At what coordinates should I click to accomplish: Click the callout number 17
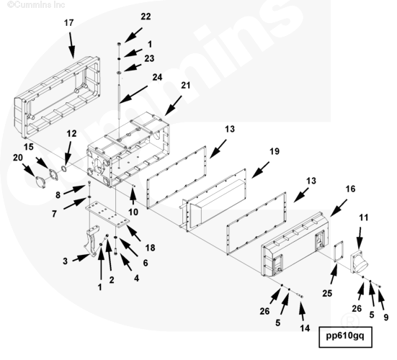point(68,23)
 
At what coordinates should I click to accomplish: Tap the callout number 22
point(146,17)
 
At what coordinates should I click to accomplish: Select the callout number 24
point(157,77)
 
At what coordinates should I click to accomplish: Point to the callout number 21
point(185,85)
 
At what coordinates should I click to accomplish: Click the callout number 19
point(275,151)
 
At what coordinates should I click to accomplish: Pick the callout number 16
point(350,189)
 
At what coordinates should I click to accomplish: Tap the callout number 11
point(364,217)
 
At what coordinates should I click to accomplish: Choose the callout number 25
point(327,293)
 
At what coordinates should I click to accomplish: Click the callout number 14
point(305,328)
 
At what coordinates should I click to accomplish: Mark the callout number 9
point(386,317)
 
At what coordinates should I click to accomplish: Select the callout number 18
point(150,248)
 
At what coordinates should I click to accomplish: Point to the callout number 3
point(65,261)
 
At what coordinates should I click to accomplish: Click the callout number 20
point(18,158)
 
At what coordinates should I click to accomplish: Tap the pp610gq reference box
point(345,337)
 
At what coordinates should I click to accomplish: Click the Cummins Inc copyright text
point(36,4)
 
